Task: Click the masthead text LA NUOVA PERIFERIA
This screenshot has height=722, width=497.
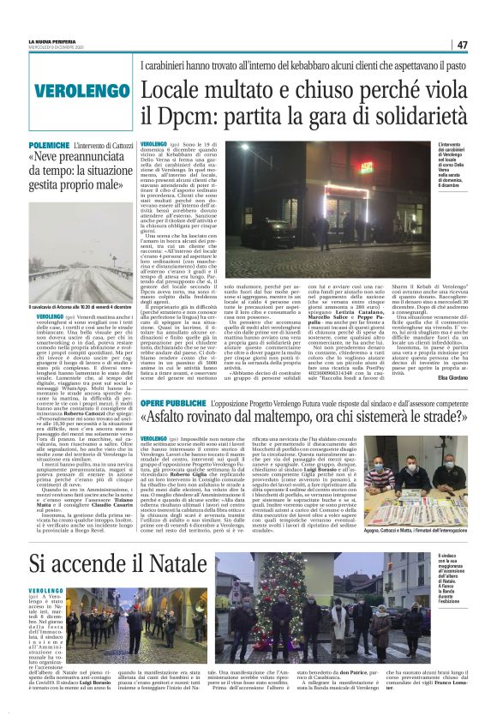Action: (x=78, y=41)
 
